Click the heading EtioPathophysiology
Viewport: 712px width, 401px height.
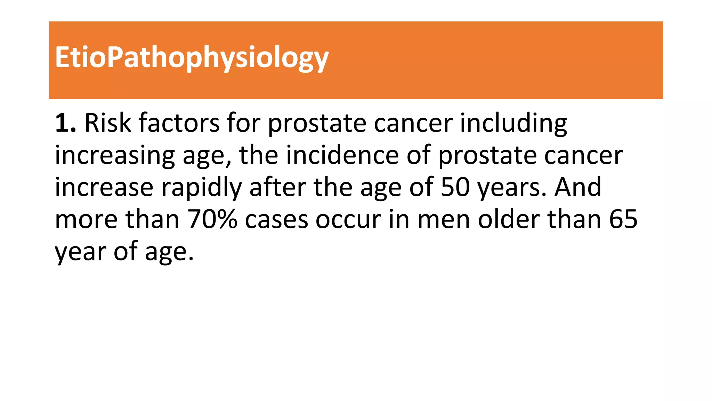click(192, 57)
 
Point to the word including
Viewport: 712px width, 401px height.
click(513, 124)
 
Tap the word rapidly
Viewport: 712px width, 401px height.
click(201, 188)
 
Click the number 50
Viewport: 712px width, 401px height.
click(455, 187)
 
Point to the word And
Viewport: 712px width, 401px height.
click(577, 187)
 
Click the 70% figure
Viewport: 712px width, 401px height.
click(212, 219)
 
